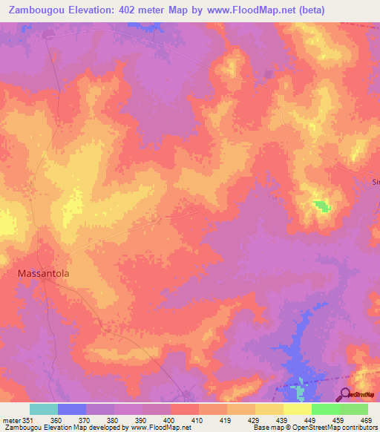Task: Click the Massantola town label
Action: point(43,273)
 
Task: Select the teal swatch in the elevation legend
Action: point(44,409)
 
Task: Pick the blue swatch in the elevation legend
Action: point(72,409)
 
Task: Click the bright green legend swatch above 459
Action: point(326,409)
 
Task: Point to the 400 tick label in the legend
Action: point(169,419)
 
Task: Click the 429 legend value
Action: point(255,419)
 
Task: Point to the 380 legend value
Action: point(113,419)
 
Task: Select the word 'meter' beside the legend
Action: point(10,419)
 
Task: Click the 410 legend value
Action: point(198,419)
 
